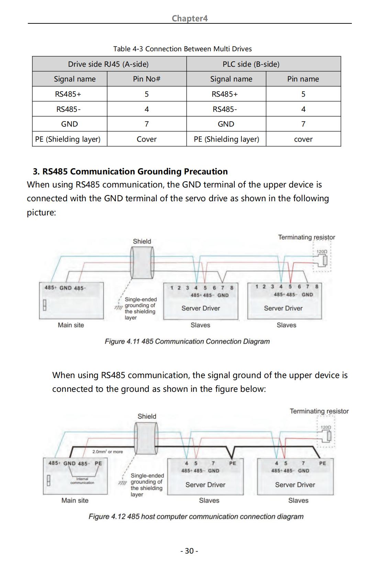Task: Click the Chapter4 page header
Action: pos(190,18)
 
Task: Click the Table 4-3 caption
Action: pos(182,49)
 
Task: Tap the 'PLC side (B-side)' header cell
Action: pos(264,64)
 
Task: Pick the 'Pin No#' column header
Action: pos(147,79)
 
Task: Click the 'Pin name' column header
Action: pos(303,79)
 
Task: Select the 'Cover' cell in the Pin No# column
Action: pos(147,139)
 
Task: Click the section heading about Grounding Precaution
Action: pos(130,171)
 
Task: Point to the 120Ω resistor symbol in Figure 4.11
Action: pos(325,260)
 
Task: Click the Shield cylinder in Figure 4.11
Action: pos(142,263)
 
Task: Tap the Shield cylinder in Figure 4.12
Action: pos(146,438)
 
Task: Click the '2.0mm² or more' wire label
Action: pos(108,452)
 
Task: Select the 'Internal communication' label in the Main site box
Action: pos(82,481)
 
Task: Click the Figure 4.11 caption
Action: pos(187,341)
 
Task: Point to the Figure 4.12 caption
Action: pos(196,516)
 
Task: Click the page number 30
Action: pos(189,551)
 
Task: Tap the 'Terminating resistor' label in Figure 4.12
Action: pos(319,411)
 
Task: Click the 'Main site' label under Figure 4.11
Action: pos(71,325)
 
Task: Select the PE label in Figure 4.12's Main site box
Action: pos(98,463)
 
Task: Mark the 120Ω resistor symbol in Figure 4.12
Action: pos(329,436)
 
